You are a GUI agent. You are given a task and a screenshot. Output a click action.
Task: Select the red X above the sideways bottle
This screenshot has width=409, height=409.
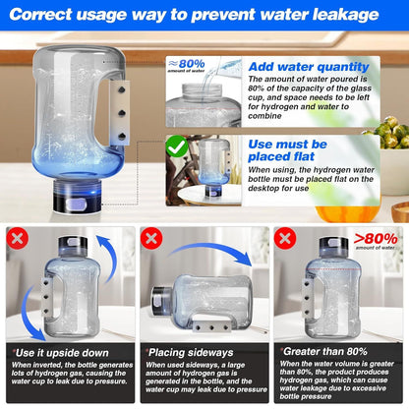(150, 239)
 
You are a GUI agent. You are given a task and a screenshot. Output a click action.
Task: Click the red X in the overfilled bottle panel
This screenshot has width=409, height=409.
(286, 239)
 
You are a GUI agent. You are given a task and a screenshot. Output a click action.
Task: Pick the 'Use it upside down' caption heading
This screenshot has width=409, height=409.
(55, 351)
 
